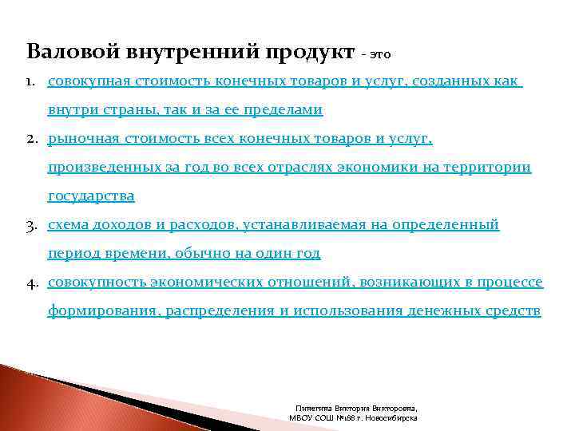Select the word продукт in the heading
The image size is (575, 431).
[307, 53]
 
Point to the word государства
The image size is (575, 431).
[91, 196]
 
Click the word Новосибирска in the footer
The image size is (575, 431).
[389, 417]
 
